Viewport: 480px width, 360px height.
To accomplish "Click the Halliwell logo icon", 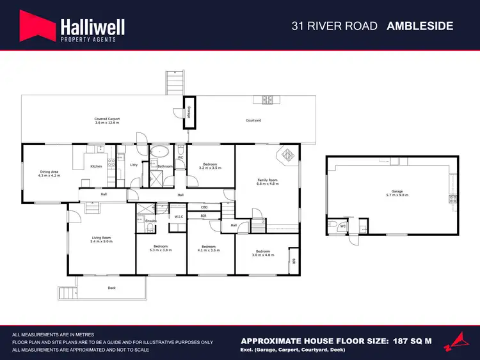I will [37, 27].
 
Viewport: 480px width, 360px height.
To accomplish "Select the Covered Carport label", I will [107, 120].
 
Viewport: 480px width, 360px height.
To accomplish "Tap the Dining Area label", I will [50, 171].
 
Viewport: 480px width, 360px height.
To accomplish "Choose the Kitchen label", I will [96, 166].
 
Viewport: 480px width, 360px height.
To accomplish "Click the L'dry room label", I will [134, 165].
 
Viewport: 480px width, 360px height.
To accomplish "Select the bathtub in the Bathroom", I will [159, 152].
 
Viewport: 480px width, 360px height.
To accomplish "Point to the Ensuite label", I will [151, 221].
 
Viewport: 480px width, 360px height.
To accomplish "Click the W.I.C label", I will [179, 216].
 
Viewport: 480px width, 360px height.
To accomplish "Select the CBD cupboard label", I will [204, 207].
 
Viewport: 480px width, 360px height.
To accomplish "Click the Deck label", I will [111, 288].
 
